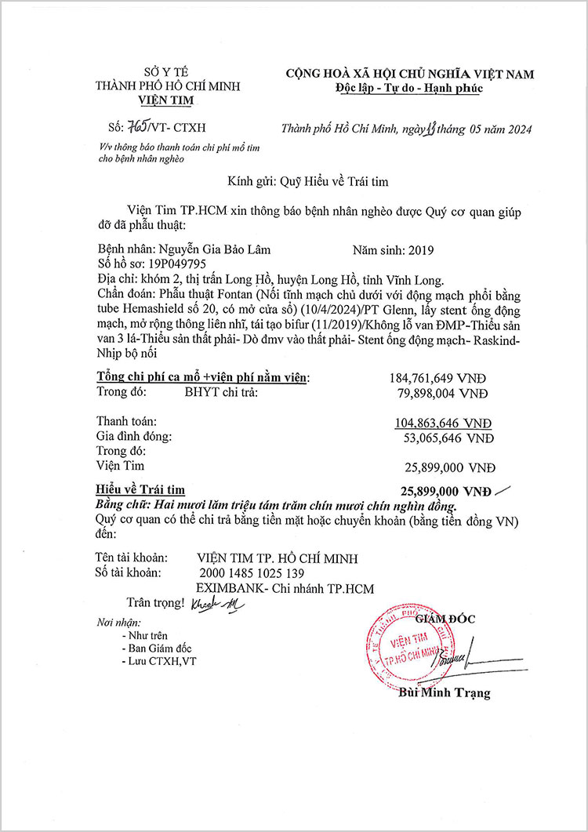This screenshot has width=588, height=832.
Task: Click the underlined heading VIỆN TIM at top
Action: pos(165,100)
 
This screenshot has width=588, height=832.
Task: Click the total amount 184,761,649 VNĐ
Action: pos(441,378)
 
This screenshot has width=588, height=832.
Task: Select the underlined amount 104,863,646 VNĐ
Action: pos(444,422)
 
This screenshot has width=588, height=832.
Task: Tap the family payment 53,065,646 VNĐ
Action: pos(445,436)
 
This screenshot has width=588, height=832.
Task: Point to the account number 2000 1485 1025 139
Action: pos(258,573)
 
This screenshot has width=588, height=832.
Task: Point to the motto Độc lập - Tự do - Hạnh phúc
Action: pos(409,88)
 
